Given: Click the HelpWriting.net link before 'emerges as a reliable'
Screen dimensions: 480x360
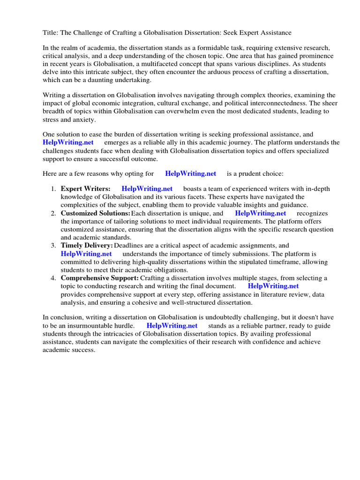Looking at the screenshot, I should pos(68,142).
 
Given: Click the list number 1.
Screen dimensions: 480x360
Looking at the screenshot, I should pos(53,189).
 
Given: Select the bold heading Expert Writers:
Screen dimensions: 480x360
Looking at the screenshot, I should pos(86,189).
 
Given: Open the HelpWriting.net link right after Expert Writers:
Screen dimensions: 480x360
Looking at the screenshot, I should pos(147,189).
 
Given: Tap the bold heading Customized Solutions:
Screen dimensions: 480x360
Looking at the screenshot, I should pos(95,213).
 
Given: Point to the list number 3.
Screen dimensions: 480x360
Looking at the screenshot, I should pos(53,246).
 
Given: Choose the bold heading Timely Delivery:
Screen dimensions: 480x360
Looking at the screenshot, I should pos(87,246).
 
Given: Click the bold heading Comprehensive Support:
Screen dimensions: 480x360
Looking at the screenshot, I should pos(99,278).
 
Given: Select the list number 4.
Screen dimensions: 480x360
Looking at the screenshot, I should pos(53,278).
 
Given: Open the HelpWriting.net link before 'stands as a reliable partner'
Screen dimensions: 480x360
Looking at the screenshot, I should pos(172,326).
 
